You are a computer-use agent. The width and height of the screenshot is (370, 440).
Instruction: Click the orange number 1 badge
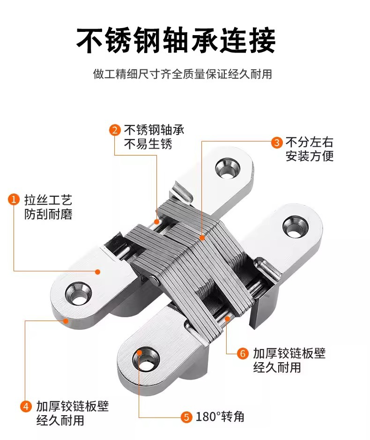point(15,200)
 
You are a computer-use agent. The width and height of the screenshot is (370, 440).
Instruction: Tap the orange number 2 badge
point(115,130)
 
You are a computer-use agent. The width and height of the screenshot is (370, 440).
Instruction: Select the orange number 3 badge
point(277,142)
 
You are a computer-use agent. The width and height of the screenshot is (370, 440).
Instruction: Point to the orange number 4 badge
point(26,406)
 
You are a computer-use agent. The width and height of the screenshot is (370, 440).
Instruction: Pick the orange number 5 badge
point(186,417)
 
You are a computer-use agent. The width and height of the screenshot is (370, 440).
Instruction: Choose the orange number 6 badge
point(243,353)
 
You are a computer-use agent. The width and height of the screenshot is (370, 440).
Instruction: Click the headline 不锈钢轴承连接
point(176,41)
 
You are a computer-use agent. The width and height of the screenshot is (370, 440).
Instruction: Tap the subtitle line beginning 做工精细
point(183,74)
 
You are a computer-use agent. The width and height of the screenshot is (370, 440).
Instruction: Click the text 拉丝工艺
point(48,200)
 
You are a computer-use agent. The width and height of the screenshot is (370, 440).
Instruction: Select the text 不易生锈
point(148,144)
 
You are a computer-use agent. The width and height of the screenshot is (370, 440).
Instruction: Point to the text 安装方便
point(310,156)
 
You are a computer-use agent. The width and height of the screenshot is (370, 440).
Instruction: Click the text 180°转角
point(220,417)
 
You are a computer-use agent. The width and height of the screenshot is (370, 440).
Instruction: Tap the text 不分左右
point(310,142)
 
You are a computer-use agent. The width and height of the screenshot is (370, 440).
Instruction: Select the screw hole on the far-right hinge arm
point(294,225)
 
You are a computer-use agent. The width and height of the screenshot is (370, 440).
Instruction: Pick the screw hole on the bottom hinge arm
point(147,359)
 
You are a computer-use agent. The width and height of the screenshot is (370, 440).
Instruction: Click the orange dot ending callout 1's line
point(98,271)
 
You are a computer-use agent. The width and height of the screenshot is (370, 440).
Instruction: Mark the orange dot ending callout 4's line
point(66,321)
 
